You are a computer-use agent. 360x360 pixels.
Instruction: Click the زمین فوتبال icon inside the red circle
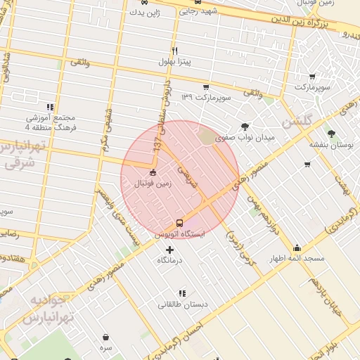pos(153,173)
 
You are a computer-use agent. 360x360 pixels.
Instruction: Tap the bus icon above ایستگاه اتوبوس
pos(179,222)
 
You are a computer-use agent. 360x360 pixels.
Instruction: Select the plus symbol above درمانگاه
pos(169,250)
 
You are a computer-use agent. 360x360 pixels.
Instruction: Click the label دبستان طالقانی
pos(182,304)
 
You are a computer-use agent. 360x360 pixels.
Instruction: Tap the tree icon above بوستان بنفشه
pos(330,133)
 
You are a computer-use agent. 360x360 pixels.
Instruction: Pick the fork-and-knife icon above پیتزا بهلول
pos(174,50)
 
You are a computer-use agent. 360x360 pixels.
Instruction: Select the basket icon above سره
pos(105,337)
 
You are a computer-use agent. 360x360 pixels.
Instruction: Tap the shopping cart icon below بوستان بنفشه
pos(307,165)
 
